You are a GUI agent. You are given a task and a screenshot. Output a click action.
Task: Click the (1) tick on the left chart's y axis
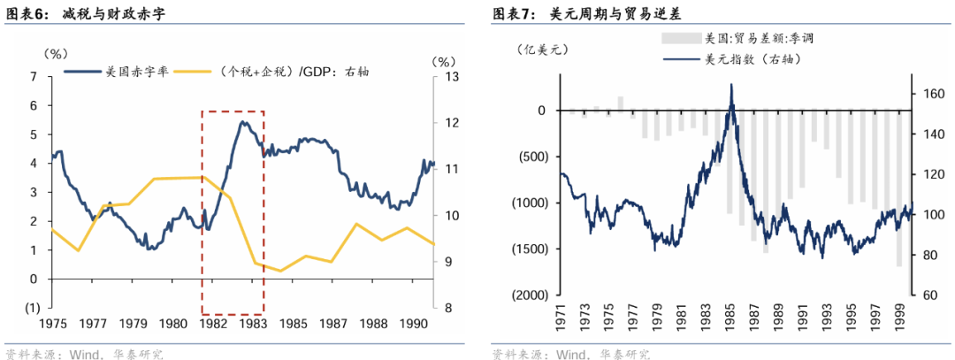[32, 308]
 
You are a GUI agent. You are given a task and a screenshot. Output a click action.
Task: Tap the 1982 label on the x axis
[211, 324]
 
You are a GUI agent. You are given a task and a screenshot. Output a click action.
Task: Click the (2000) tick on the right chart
[529, 295]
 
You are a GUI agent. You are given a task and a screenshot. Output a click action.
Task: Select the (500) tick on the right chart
[532, 157]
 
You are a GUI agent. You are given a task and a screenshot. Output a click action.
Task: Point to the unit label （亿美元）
[541, 50]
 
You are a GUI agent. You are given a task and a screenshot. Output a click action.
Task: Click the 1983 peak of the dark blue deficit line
[241, 122]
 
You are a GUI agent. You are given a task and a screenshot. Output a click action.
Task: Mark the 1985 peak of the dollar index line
[731, 85]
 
